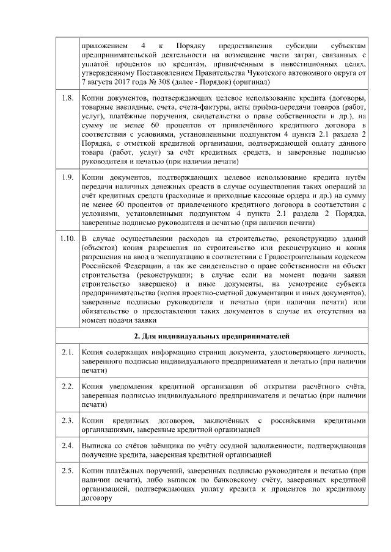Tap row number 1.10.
[67, 237]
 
